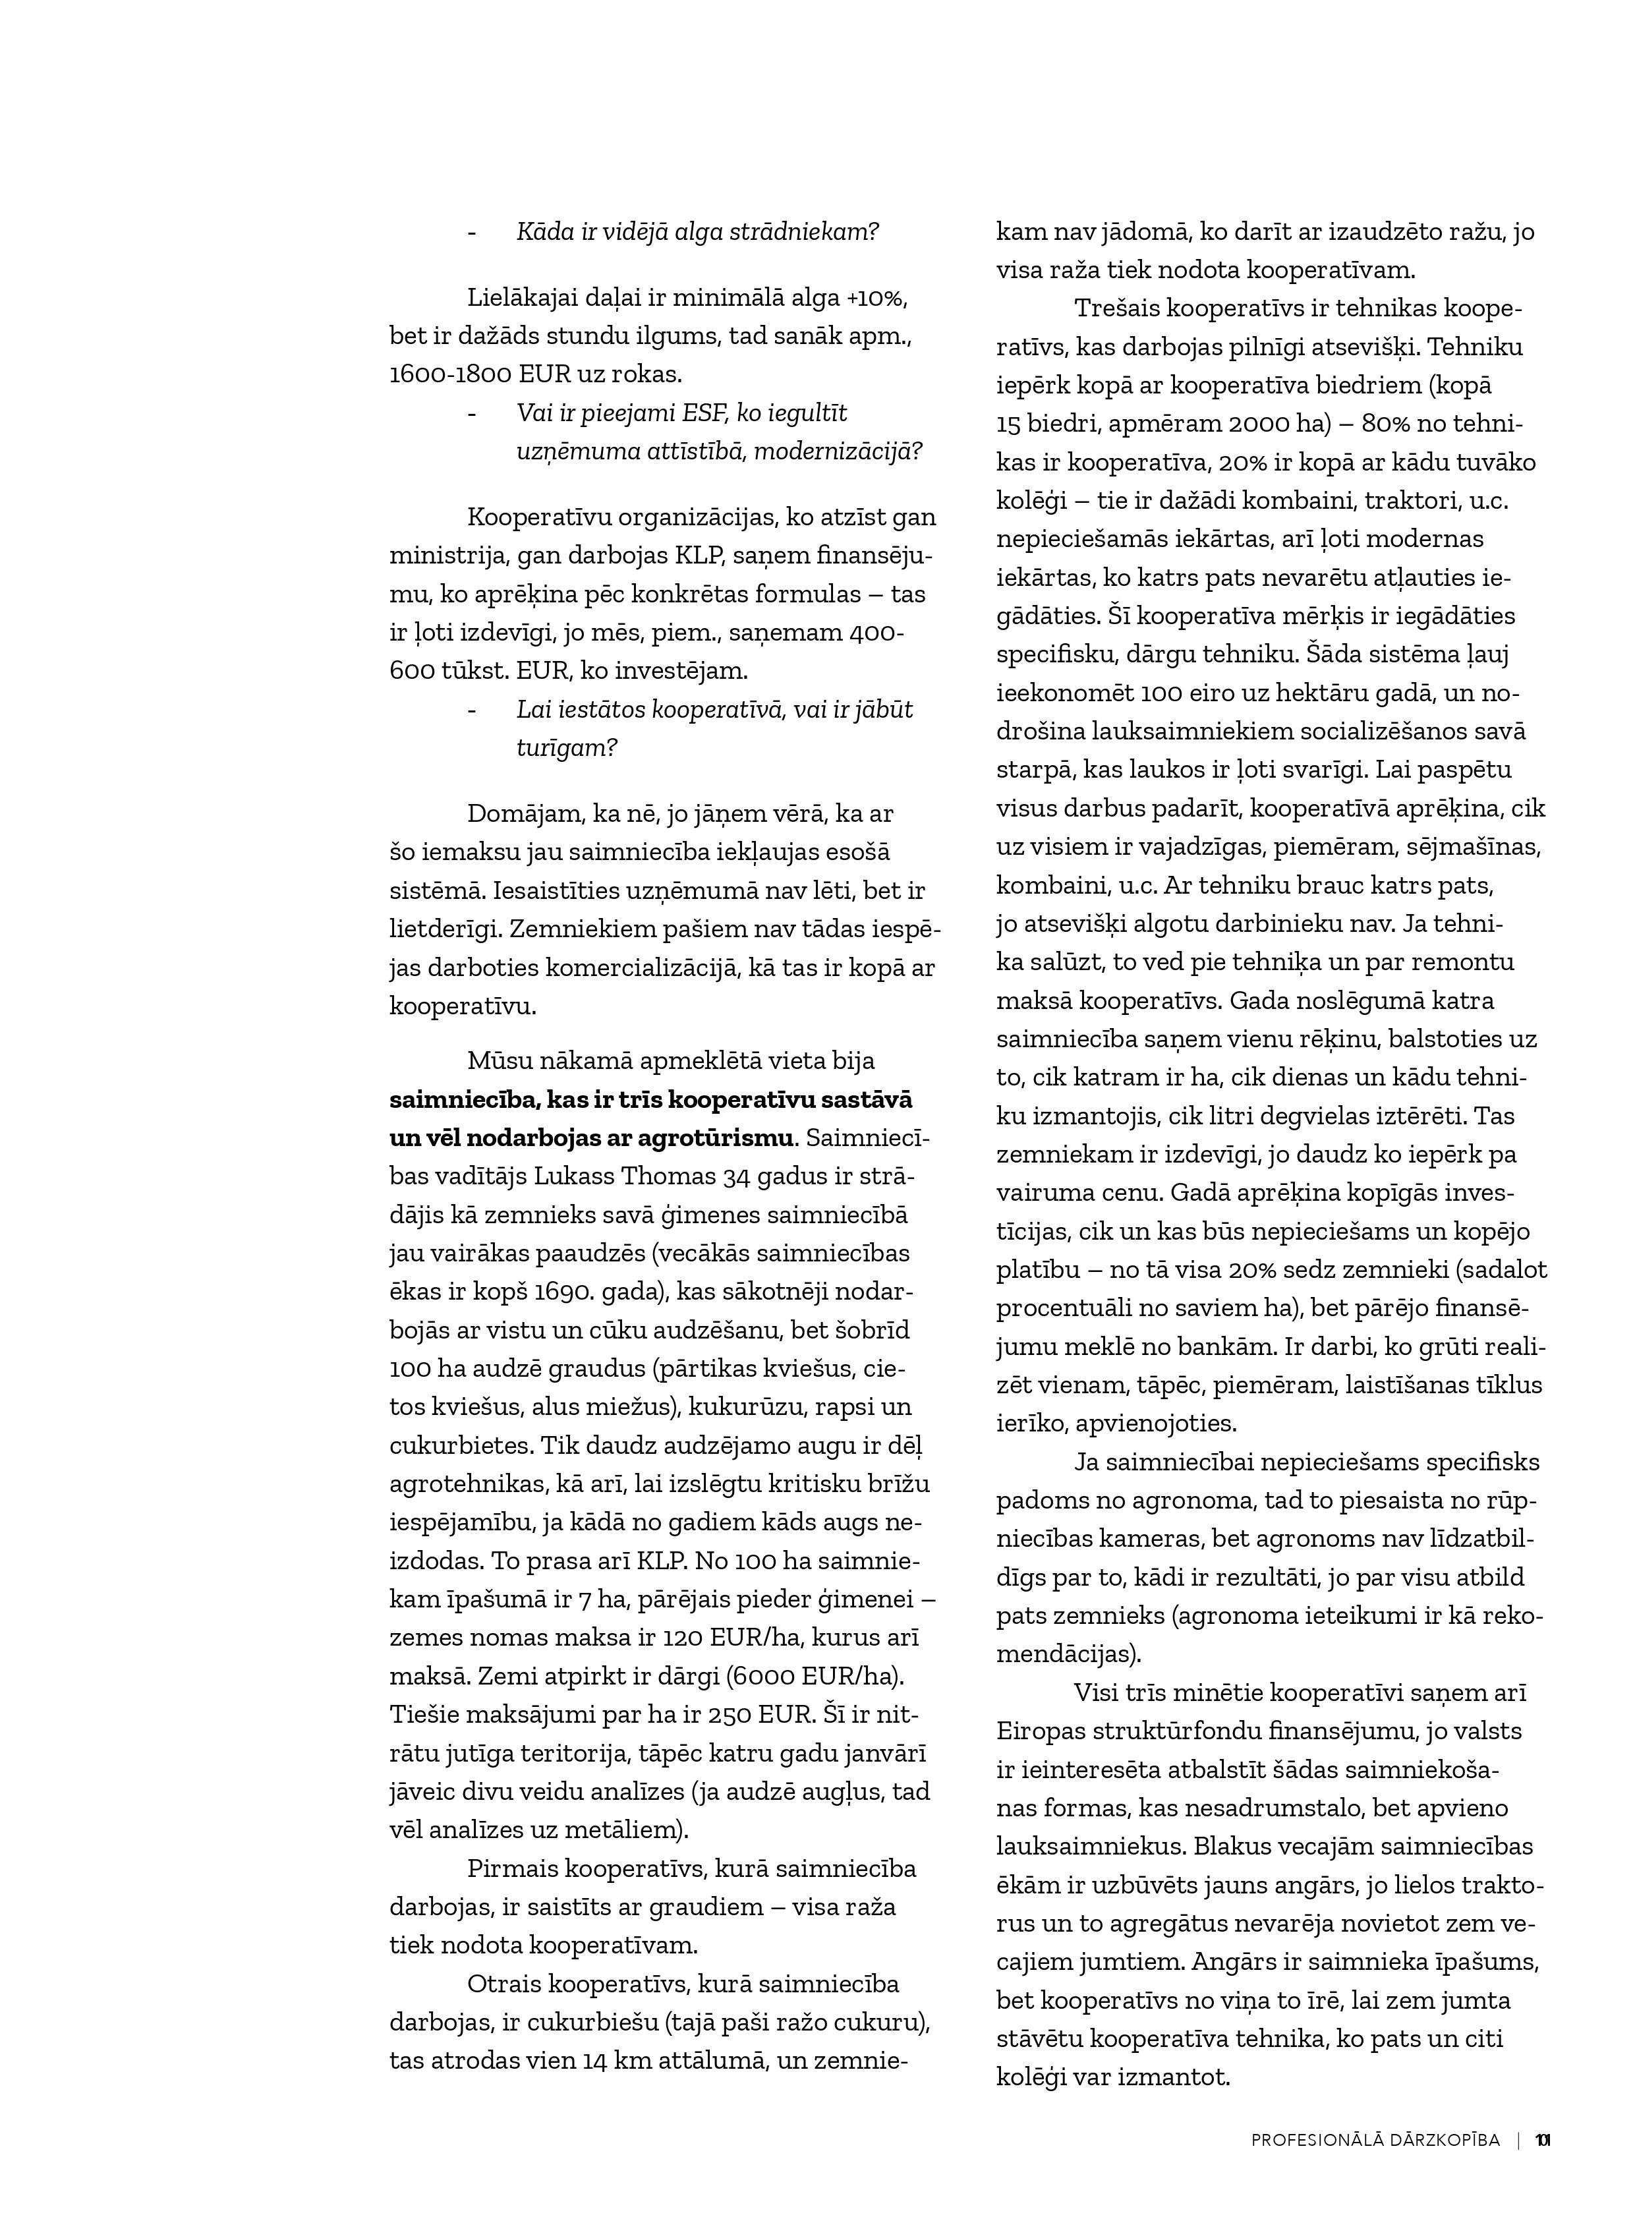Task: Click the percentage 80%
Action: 1392,424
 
